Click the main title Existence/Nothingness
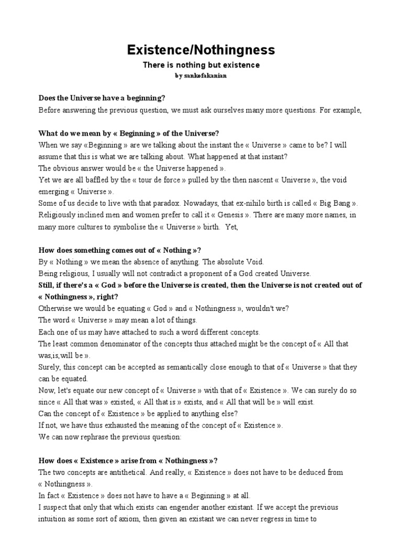tap(201, 50)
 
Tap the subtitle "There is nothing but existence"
tap(201, 65)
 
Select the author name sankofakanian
tap(205, 76)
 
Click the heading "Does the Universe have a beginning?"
tap(102, 98)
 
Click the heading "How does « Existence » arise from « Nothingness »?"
tap(128, 461)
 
